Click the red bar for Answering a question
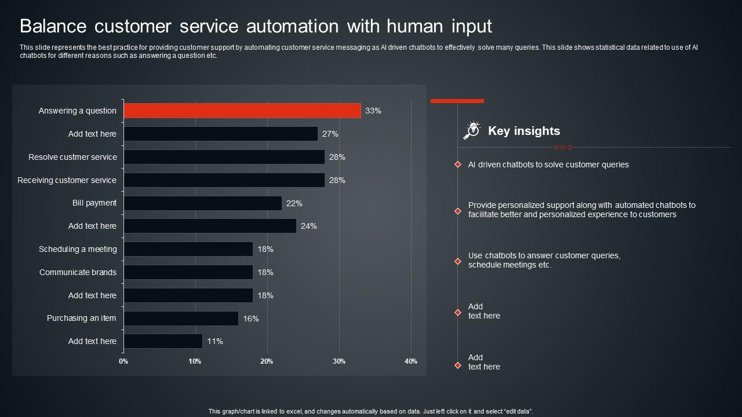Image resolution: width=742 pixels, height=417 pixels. tap(242, 111)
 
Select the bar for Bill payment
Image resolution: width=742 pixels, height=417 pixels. tap(202, 203)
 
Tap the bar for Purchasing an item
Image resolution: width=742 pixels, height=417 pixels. tap(181, 319)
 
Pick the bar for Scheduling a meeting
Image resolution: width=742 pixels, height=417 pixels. tap(188, 249)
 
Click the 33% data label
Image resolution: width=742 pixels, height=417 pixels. tap(373, 111)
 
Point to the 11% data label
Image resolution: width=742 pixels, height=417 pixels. tap(214, 341)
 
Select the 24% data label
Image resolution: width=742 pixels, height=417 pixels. tap(308, 226)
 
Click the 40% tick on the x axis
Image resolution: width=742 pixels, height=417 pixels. tap(410, 361)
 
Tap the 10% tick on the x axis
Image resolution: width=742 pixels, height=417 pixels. tap(195, 361)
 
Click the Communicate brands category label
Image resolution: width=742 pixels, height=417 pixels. tap(78, 272)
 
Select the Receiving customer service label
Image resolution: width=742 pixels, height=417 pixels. tap(67, 180)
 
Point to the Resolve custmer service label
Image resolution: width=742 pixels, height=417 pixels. tap(72, 157)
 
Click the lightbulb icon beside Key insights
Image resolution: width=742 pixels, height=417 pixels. tap(472, 130)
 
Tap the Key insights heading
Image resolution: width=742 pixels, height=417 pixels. tap(523, 131)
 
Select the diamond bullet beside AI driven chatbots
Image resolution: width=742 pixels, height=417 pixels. tap(457, 165)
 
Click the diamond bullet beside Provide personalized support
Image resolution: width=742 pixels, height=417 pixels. tap(457, 211)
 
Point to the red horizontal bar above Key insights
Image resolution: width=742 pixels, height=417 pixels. tap(457, 101)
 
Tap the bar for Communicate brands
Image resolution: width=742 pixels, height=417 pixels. tap(188, 272)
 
